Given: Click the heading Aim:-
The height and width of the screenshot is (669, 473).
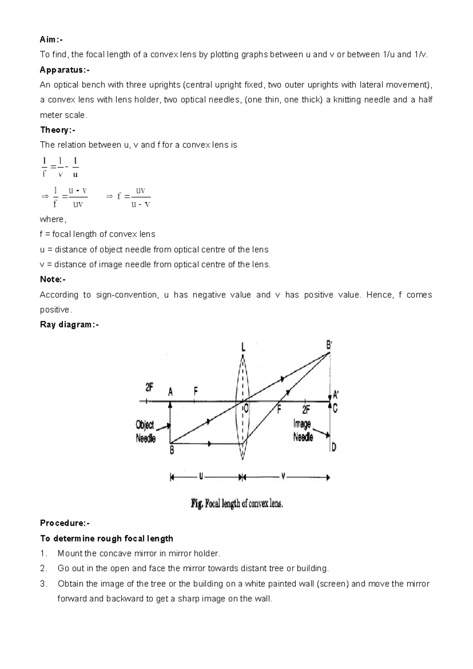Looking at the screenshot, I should point(51,39).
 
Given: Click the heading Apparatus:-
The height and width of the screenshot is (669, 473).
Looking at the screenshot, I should point(65,70).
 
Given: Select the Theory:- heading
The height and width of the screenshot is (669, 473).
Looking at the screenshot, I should point(58,130).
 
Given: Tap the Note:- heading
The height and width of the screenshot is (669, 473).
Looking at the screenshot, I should point(53,280).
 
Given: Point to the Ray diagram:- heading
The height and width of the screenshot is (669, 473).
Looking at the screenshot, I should point(69,325).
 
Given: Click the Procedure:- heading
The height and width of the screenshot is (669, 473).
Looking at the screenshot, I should point(65,523).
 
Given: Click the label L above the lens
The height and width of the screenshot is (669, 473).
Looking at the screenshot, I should point(243,348).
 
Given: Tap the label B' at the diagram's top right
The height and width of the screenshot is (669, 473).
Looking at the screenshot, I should point(329,345).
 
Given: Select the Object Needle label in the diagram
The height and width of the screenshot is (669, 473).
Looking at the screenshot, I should point(145,432).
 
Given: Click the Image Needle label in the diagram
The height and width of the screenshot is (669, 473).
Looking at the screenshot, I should point(303,430).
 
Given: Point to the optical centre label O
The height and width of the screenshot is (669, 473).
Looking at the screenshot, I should point(246,409).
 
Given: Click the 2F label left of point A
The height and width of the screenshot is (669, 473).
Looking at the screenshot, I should point(149,388).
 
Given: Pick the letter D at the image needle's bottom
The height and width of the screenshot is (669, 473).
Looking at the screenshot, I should point(334,447).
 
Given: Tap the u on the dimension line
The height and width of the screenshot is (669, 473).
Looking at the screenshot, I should point(201,477).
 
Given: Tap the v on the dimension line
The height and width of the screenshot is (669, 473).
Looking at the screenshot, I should point(283,477).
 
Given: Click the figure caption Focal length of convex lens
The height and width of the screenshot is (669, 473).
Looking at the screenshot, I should point(237,504).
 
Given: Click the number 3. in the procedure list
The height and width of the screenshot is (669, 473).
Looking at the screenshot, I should point(43,584).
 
